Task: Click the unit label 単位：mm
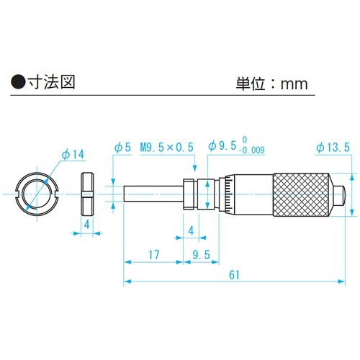pos(272,83)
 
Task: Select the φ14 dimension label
pos(73,155)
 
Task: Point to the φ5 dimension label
pos(122,147)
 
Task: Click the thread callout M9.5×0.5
pos(168,147)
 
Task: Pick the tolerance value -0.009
pos(252,150)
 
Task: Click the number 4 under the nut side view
pos(86,224)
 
